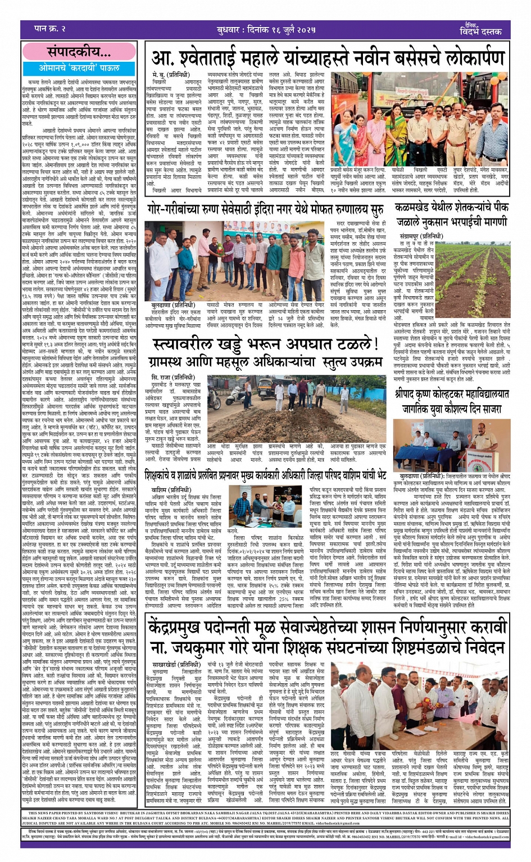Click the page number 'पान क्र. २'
44,29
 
